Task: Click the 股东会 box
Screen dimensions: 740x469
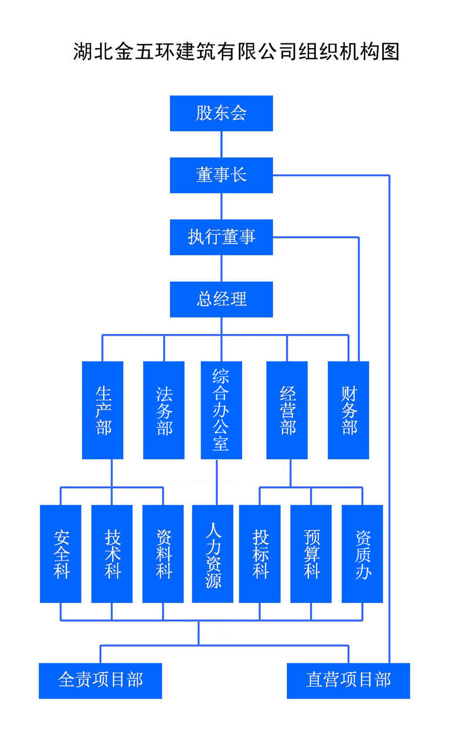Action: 221,113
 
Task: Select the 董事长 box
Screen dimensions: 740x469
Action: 221,175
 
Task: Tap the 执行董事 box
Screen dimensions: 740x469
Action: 221,237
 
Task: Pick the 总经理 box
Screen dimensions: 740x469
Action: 221,299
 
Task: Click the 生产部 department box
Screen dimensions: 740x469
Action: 103,410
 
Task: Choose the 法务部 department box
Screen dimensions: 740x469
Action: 164,410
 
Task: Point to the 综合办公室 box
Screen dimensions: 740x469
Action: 221,410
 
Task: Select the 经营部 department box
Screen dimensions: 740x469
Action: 287,410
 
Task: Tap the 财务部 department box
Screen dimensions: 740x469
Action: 348,410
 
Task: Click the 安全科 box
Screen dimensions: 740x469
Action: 60,554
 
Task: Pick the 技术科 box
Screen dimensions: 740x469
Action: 112,554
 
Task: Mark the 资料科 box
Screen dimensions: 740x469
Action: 163,554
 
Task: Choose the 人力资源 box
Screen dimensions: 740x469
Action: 213,554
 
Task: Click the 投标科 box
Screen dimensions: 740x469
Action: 260,554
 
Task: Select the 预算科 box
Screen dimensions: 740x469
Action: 311,554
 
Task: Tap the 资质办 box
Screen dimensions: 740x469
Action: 362,554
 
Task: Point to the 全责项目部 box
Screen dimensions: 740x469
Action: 100,680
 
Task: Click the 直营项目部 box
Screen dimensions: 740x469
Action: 348,680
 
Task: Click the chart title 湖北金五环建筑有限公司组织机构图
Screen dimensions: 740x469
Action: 236,52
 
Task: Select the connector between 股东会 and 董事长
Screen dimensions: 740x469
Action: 222,144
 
